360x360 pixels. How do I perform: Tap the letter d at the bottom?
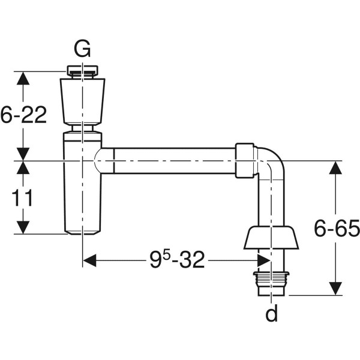tap(272, 313)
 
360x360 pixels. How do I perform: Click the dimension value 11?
tap(22, 198)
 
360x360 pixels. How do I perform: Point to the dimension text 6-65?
tap(337, 228)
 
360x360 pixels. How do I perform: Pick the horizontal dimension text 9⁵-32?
tap(177, 260)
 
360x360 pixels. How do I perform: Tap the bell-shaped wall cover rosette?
tap(271, 238)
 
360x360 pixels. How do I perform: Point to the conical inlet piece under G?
tap(82, 101)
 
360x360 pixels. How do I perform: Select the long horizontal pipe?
tap(174, 161)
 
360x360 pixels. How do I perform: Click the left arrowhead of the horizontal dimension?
tap(89, 260)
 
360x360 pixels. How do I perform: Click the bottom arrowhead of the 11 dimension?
tap(22, 228)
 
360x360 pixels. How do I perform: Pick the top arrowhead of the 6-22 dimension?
tap(22, 78)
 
